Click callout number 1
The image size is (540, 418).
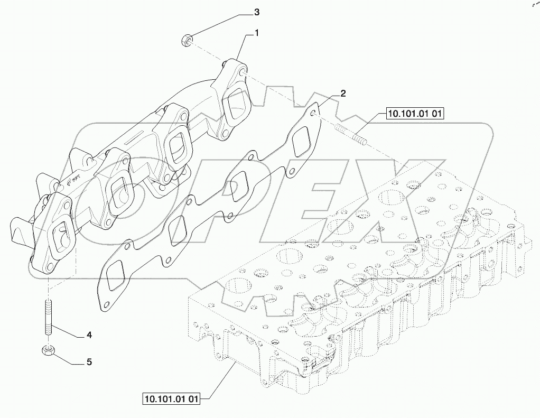pyautogui.click(x=257, y=33)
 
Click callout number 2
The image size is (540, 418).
pyautogui.click(x=343, y=94)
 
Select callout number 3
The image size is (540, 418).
pyautogui.click(x=257, y=11)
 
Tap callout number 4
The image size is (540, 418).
pyautogui.click(x=89, y=335)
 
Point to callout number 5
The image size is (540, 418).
pyautogui.click(x=89, y=362)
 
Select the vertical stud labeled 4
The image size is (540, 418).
pyautogui.click(x=48, y=318)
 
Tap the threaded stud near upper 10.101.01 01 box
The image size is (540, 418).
pyautogui.click(x=349, y=134)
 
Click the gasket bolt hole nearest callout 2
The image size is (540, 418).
pyautogui.click(x=315, y=113)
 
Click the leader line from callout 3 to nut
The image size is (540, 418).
pyautogui.click(x=222, y=24)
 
